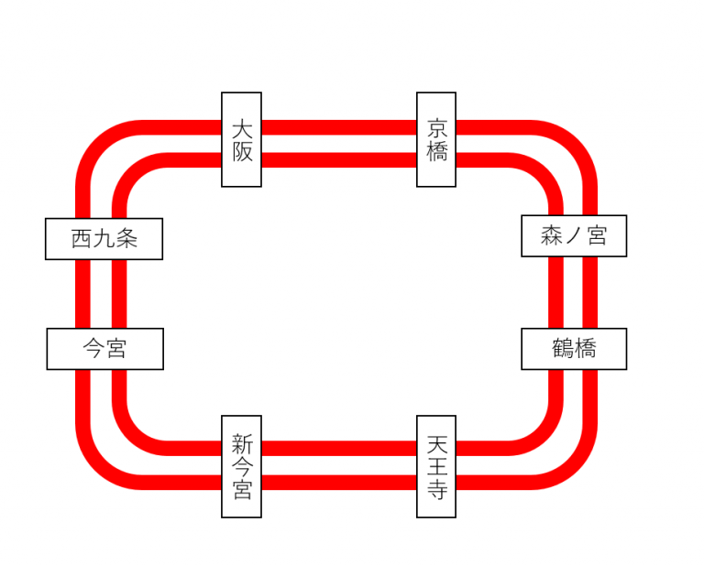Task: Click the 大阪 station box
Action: (241, 139)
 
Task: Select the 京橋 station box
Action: (436, 139)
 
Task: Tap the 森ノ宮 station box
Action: (574, 236)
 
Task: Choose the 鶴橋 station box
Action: (574, 349)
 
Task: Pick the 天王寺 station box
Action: (436, 466)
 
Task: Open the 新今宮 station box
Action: (241, 466)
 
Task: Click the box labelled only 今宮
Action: (104, 349)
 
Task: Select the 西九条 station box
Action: (104, 239)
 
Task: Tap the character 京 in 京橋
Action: (436, 128)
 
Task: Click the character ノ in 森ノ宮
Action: (574, 236)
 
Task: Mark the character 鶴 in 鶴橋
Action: (563, 349)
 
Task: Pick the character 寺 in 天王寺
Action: (436, 490)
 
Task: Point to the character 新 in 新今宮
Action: (241, 444)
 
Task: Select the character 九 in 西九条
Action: (104, 239)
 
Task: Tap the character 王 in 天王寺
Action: (436, 467)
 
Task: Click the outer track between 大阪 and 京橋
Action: (339, 127)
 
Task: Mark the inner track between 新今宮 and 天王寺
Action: (339, 448)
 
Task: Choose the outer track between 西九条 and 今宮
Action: (83, 293)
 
